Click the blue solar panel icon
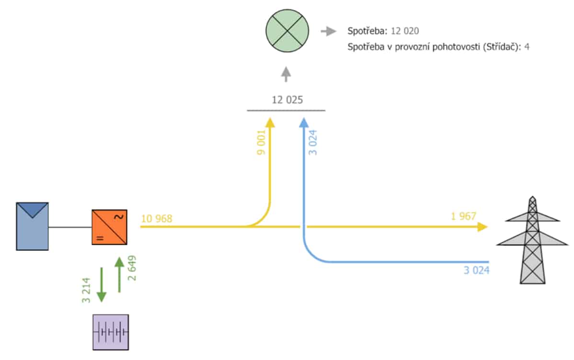pyautogui.click(x=32, y=226)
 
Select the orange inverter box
pyautogui.click(x=109, y=227)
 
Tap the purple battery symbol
pyautogui.click(x=111, y=332)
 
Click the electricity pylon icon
pyautogui.click(x=532, y=240)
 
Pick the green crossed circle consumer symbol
pyautogui.click(x=287, y=31)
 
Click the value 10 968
pyautogui.click(x=156, y=219)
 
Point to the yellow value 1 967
pyautogui.click(x=463, y=216)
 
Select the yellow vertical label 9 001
pyautogui.click(x=261, y=143)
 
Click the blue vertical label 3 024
pyautogui.click(x=312, y=143)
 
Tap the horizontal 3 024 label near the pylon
pyautogui.click(x=476, y=270)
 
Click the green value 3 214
pyautogui.click(x=86, y=291)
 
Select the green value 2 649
pyautogui.click(x=132, y=268)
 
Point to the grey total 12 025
pyautogui.click(x=287, y=100)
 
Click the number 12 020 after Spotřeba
pyautogui.click(x=405, y=31)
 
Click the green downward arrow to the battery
pyautogui.click(x=102, y=285)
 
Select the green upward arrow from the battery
pyautogui.click(x=119, y=275)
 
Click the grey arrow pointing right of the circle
pyautogui.click(x=328, y=32)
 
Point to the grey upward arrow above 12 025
pyautogui.click(x=286, y=74)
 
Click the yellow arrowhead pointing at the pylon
pyautogui.click(x=482, y=227)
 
